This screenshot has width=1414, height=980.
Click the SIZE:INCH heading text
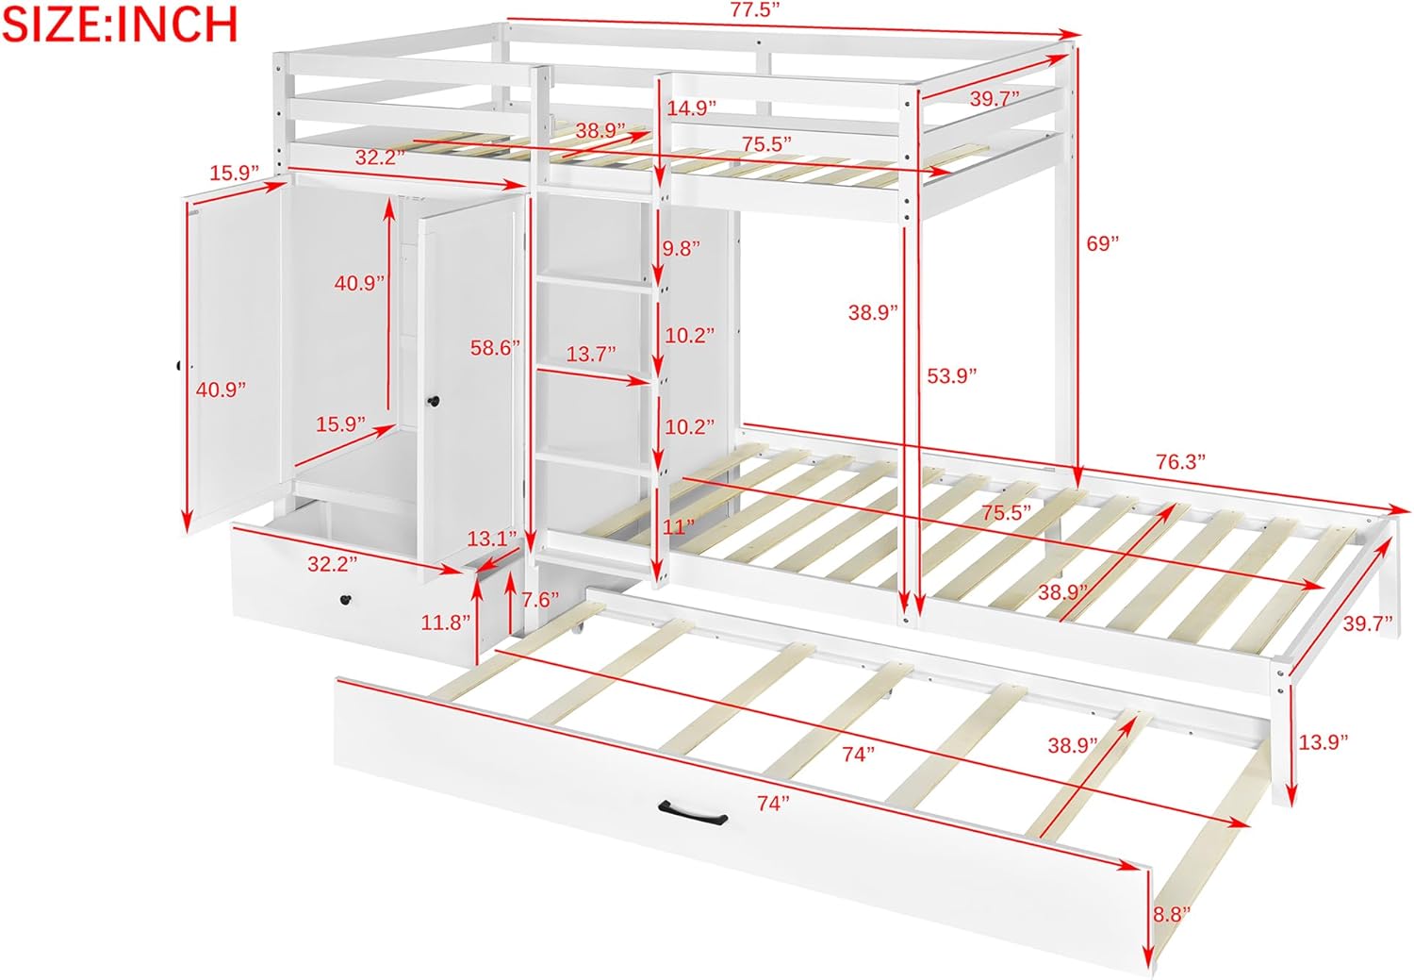120,24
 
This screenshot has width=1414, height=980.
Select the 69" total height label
1102,243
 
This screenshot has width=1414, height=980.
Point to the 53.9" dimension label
951,376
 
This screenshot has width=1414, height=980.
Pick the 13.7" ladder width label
591,355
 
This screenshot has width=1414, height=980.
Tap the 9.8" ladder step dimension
681,249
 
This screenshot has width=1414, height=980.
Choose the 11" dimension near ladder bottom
678,526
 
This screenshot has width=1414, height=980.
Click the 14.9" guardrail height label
692,108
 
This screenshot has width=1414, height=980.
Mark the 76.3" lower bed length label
1181,461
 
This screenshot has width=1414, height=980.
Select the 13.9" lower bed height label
1323,742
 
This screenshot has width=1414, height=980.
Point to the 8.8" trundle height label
1172,914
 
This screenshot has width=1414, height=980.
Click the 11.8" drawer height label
446,623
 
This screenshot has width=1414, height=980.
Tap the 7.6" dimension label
540,600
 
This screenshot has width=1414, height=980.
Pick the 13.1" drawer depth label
492,539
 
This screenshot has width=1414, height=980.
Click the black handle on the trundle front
693,810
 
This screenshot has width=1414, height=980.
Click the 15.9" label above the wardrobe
234,173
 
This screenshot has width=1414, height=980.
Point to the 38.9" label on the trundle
1073,746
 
